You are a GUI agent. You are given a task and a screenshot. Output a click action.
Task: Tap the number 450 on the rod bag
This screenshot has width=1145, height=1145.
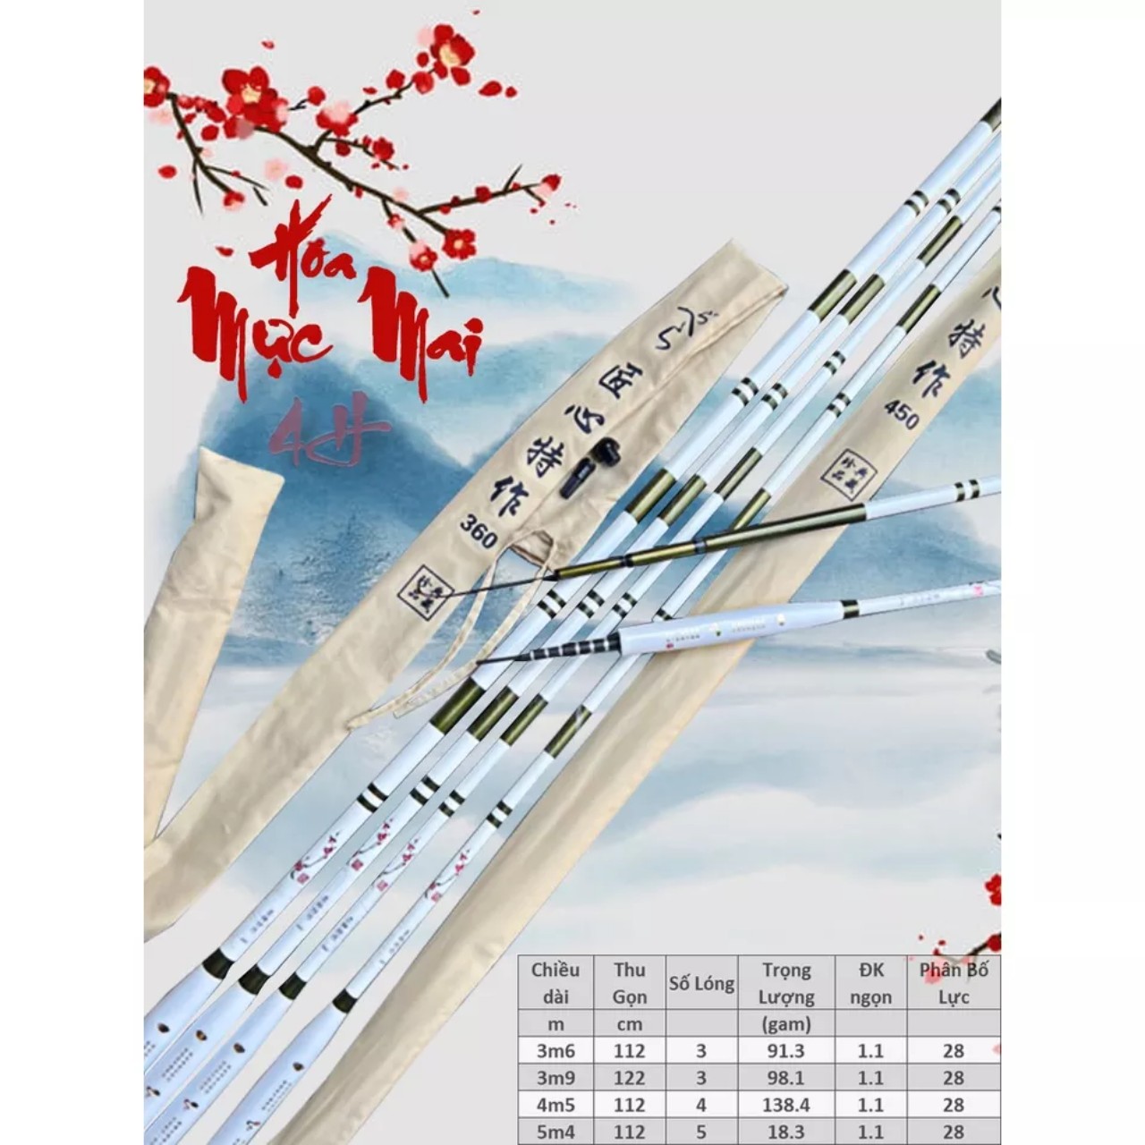(x=901, y=412)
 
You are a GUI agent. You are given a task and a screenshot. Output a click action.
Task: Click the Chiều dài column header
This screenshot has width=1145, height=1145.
(x=556, y=983)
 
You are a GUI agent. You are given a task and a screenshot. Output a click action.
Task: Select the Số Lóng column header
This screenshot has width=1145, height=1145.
(x=701, y=984)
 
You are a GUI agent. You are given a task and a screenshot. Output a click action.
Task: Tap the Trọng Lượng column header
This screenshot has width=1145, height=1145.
(x=787, y=983)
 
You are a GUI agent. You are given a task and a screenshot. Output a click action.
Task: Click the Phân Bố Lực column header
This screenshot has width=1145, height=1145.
(x=954, y=983)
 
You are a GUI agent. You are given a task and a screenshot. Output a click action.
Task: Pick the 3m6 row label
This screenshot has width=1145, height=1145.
(x=556, y=1051)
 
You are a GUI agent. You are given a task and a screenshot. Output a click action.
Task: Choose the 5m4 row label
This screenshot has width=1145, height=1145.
(x=556, y=1132)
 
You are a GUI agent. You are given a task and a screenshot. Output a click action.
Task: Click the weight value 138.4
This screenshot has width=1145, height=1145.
(x=787, y=1105)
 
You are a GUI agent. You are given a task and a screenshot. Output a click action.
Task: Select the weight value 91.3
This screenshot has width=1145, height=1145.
(x=787, y=1051)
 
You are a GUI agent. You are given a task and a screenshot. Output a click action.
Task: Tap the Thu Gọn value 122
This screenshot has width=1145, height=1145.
(x=630, y=1078)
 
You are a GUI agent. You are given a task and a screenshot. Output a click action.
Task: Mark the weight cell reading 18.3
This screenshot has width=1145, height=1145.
(x=787, y=1132)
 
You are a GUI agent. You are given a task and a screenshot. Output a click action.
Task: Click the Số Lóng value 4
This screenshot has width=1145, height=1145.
(x=701, y=1105)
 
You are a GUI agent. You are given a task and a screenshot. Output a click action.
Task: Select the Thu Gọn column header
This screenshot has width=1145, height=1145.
(x=630, y=983)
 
